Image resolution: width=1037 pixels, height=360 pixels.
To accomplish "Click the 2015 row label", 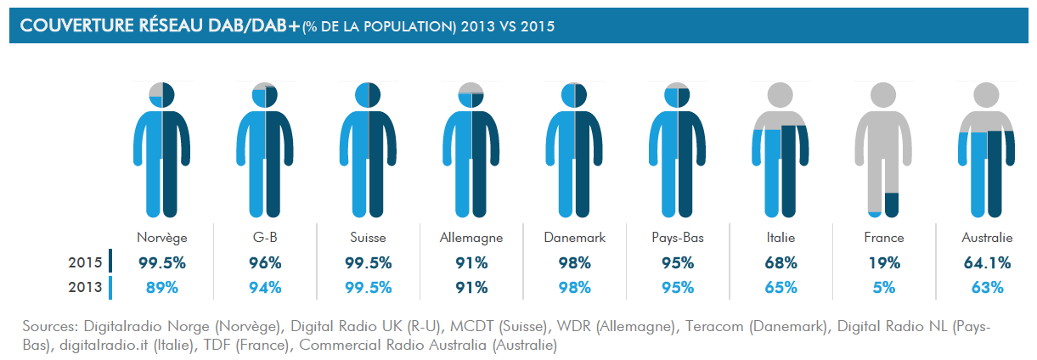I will pyautogui.click(x=85, y=262).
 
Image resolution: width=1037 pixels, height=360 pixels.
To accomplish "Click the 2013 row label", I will pyautogui.click(x=85, y=287).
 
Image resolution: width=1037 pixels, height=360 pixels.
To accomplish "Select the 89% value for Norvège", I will pyautogui.click(x=161, y=287).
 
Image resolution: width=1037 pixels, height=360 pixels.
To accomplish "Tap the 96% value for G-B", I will pyautogui.click(x=265, y=262).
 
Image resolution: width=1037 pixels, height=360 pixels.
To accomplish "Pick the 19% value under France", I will pyautogui.click(x=883, y=262).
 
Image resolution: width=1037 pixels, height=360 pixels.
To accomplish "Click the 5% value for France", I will pyautogui.click(x=883, y=287).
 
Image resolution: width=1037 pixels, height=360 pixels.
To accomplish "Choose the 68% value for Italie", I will pyautogui.click(x=781, y=262).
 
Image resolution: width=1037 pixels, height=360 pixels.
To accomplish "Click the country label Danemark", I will pyautogui.click(x=574, y=238).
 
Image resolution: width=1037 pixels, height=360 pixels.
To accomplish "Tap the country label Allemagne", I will pyautogui.click(x=471, y=238).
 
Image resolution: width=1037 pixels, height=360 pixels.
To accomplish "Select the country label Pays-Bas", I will pyautogui.click(x=677, y=238).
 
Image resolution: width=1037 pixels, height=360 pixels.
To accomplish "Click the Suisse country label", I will pyautogui.click(x=368, y=238).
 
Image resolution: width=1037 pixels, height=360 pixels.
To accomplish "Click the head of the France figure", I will pyautogui.click(x=883, y=95).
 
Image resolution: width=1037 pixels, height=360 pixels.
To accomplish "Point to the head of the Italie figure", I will pyautogui.click(x=781, y=95).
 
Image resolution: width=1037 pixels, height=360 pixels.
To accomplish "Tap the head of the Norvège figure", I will pyautogui.click(x=161, y=95).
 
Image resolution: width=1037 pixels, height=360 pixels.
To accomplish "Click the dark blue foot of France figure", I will pyautogui.click(x=891, y=205).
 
